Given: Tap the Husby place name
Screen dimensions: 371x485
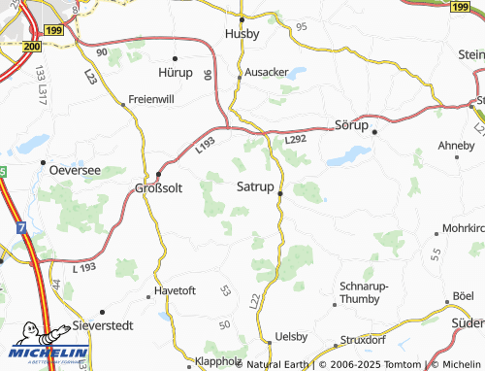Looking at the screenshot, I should coord(243,33).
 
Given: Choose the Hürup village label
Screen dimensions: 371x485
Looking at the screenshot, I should coord(176,71).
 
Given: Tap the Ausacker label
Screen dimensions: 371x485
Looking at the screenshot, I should coord(267,71).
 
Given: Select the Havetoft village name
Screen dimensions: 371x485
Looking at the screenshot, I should coord(175,290).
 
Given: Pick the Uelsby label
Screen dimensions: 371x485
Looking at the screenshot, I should coord(290,335).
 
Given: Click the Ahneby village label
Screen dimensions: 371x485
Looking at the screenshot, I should coord(456,146).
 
